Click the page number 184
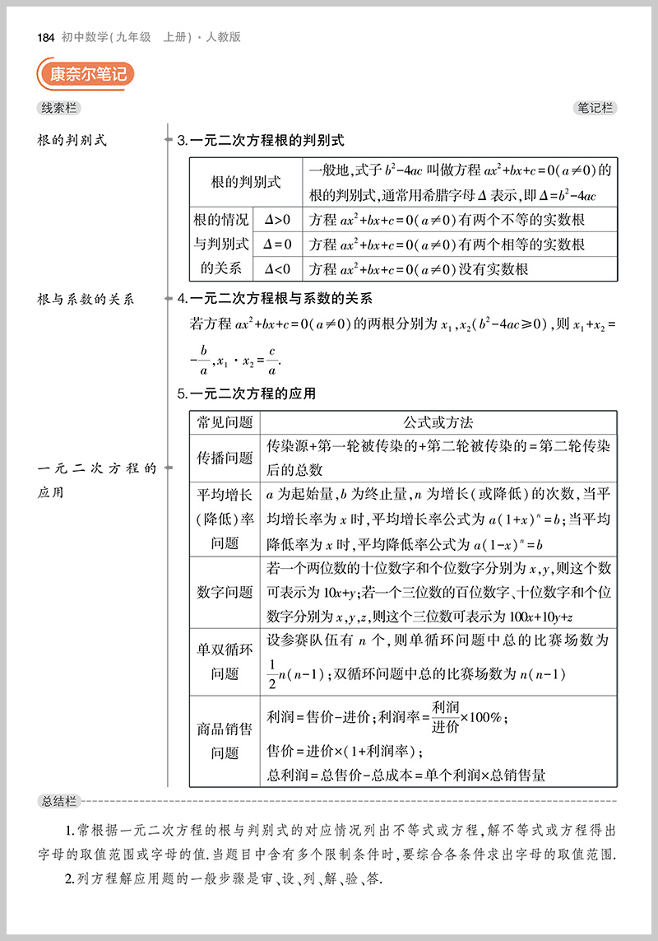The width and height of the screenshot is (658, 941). point(45,37)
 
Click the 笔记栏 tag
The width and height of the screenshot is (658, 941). point(595,108)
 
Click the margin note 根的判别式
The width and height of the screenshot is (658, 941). point(72,141)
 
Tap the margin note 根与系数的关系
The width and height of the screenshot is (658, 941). point(86,300)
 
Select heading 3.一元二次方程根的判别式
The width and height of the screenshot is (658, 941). point(261,141)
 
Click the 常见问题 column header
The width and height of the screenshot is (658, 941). point(225,422)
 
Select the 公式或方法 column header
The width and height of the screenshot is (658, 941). point(438,422)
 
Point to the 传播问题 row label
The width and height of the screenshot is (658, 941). point(225,458)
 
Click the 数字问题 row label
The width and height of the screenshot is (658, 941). point(225,592)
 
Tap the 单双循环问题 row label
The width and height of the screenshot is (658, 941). point(225,661)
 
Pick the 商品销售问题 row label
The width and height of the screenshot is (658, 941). point(225,740)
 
